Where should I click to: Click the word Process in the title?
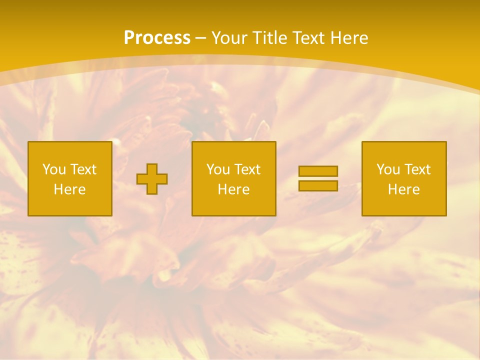click(x=157, y=38)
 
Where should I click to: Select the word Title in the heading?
click(x=270, y=38)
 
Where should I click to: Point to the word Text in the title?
click(x=308, y=38)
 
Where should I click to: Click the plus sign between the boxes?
click(x=152, y=179)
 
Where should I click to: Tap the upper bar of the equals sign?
click(x=318, y=171)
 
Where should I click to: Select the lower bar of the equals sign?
click(x=318, y=185)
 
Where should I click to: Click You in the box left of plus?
click(x=54, y=169)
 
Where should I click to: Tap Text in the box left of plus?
click(x=83, y=169)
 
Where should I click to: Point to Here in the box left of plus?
click(x=70, y=189)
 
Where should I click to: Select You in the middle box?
click(x=218, y=169)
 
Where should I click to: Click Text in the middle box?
click(x=247, y=169)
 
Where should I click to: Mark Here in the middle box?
click(x=234, y=189)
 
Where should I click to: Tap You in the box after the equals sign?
click(x=388, y=169)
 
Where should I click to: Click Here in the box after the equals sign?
click(x=404, y=189)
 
